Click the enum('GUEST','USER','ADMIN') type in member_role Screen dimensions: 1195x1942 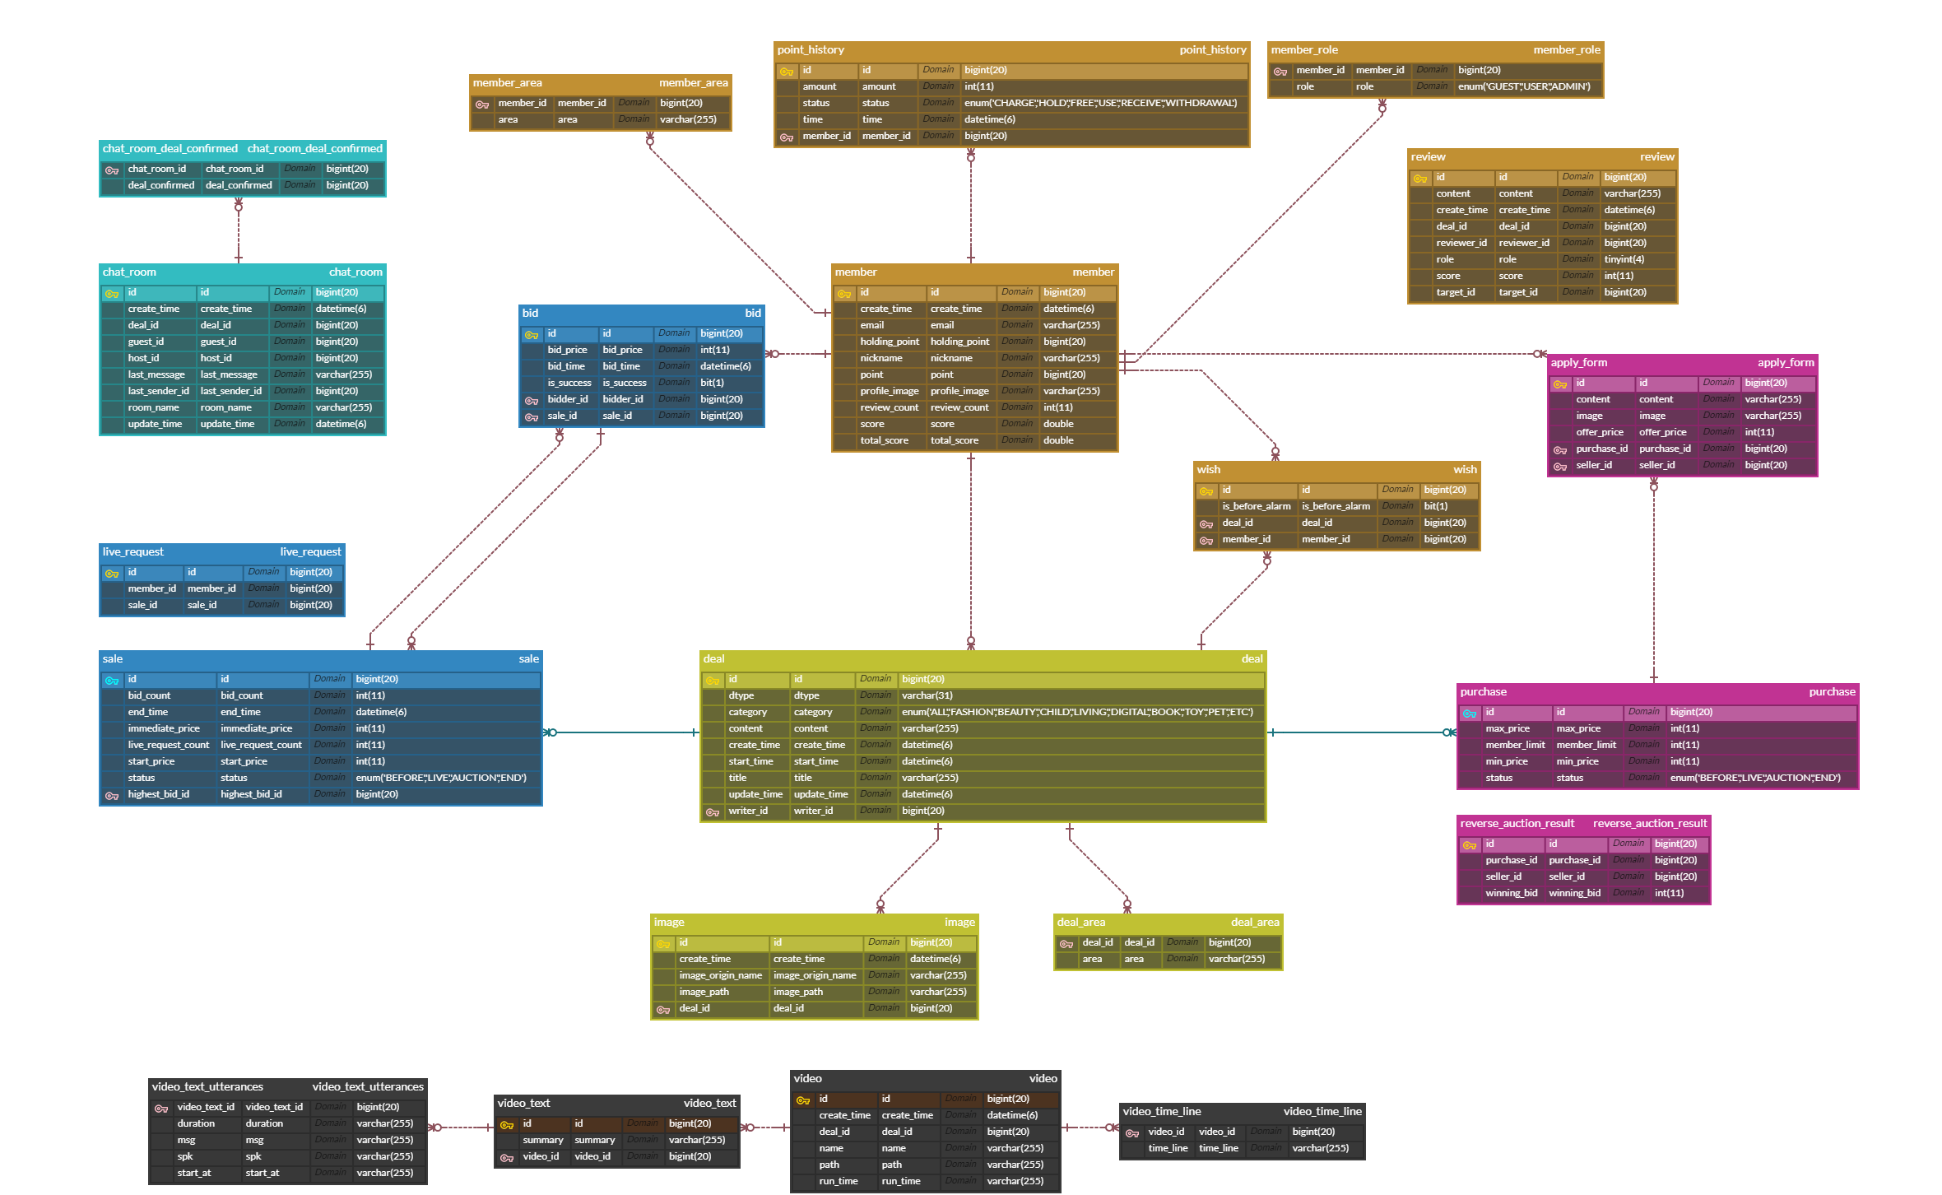[x=1524, y=86]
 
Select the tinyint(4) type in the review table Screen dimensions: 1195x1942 [x=1624, y=259]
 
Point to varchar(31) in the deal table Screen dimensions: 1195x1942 [x=927, y=695]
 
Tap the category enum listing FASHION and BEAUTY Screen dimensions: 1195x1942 [x=1077, y=712]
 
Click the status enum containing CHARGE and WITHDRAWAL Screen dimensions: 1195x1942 [x=1100, y=103]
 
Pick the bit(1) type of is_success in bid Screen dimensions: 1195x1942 [x=712, y=383]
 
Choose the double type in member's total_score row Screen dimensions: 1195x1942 [x=1058, y=440]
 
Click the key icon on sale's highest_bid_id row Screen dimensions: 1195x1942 [x=112, y=795]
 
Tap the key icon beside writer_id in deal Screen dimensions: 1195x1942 [x=713, y=811]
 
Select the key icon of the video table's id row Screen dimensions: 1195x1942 [x=803, y=1100]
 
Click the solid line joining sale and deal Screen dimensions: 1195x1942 [x=621, y=732]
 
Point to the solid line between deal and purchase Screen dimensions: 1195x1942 [x=1362, y=732]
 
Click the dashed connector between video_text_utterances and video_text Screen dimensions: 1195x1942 [x=461, y=1128]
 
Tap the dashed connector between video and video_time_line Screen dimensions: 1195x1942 [x=1090, y=1128]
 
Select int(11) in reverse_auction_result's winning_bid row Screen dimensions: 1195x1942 [x=1669, y=893]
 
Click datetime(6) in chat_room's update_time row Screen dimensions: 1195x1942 [x=341, y=424]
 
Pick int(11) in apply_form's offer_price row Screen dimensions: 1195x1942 [x=1759, y=432]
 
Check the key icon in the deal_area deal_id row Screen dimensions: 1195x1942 [x=1066, y=943]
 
